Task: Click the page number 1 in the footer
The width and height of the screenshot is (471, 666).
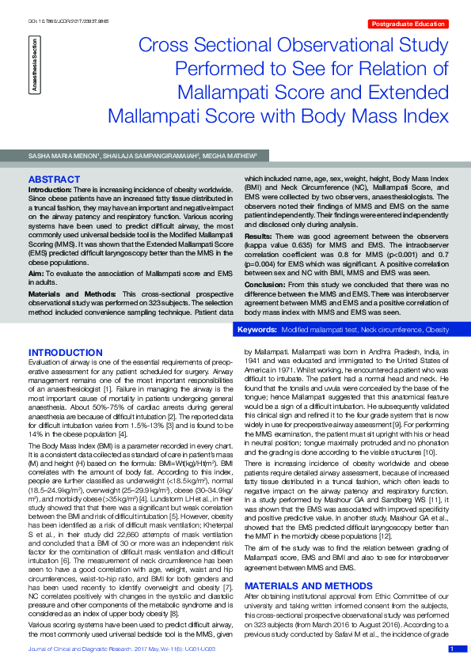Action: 452,649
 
